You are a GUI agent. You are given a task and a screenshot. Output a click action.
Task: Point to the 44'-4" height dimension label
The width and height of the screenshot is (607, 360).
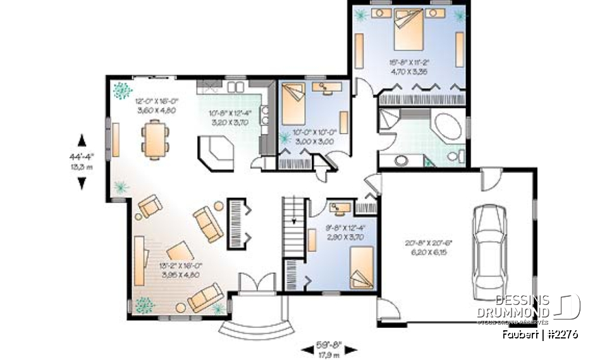[x=82, y=156]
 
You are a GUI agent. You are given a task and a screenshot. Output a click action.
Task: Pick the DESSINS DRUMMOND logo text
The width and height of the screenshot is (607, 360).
[x=522, y=306]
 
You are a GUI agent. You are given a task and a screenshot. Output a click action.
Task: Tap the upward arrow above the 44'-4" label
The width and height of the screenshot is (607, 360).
[x=82, y=139]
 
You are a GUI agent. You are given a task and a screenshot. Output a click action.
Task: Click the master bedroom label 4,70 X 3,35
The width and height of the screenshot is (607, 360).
[x=409, y=71]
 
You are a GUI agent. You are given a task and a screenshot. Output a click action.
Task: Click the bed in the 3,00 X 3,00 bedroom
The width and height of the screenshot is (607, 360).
[x=293, y=105]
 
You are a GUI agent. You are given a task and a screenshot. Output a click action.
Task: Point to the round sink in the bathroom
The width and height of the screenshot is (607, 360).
[x=401, y=160]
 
